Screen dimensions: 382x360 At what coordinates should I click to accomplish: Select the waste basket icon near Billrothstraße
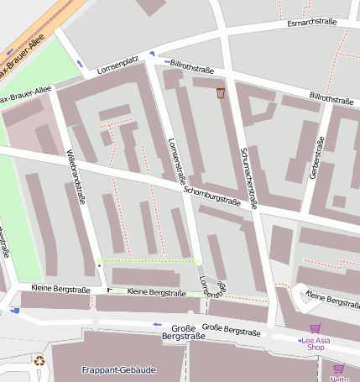[x=221, y=92]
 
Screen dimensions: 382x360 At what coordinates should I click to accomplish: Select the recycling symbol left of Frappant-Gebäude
[x=39, y=360]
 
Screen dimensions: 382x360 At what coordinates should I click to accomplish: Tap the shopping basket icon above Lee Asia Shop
[x=315, y=329]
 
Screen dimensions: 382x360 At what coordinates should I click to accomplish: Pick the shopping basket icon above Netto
[x=338, y=369]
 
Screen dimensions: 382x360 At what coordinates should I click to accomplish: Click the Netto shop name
[x=339, y=379]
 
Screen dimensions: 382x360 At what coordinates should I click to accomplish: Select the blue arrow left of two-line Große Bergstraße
[x=157, y=323]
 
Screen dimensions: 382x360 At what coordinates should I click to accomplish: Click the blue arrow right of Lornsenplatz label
[x=153, y=55]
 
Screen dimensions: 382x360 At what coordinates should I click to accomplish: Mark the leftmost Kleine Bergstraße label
[x=60, y=289]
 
